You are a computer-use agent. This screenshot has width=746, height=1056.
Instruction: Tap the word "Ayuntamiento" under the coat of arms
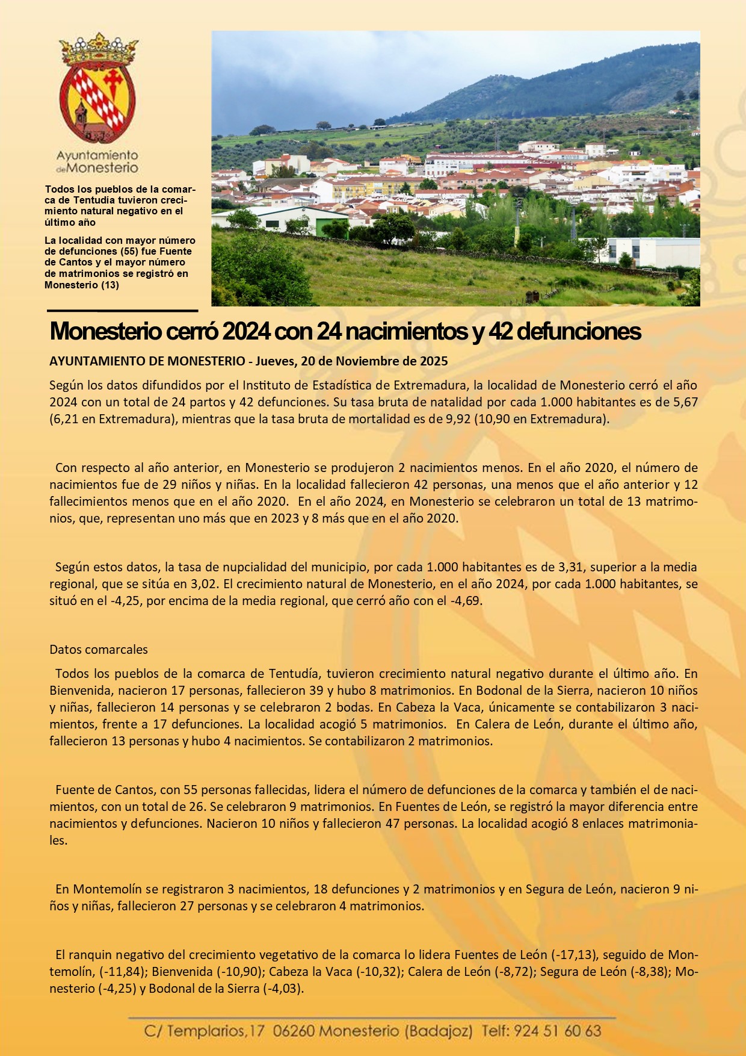[97, 156]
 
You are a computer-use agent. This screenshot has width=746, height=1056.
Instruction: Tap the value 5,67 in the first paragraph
[684, 402]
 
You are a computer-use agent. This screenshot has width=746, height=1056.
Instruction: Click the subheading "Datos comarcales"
[99, 650]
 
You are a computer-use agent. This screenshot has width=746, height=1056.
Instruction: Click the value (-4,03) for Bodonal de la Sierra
[283, 989]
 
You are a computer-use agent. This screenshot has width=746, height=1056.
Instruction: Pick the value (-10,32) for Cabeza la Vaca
[379, 972]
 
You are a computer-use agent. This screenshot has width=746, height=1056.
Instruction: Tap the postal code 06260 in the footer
[294, 1031]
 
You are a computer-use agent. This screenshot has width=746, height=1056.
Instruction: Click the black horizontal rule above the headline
[123, 311]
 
